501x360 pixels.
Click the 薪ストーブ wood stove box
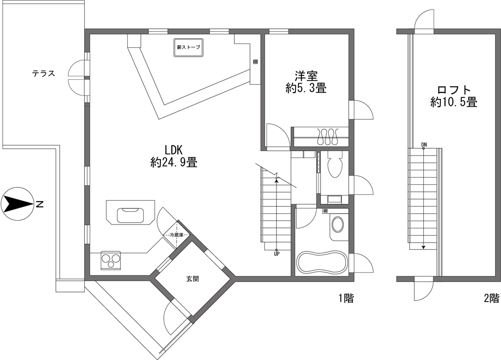click(x=188, y=48)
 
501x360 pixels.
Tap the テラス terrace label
click(x=43, y=74)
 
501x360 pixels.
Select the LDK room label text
click(x=174, y=150)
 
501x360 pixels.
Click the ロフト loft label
click(x=454, y=90)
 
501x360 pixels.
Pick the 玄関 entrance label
click(x=193, y=279)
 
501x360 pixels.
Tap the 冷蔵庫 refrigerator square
click(x=176, y=235)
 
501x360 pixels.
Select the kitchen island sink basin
click(x=130, y=215)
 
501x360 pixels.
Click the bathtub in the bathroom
click(x=322, y=263)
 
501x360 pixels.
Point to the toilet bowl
click(x=335, y=165)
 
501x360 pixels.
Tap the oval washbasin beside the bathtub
click(x=338, y=225)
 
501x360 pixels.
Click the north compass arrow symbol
click(x=18, y=204)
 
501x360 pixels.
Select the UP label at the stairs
click(x=276, y=254)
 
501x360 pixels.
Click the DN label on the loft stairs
click(x=424, y=145)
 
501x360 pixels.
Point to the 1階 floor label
click(x=346, y=298)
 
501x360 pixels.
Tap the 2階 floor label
click(x=491, y=298)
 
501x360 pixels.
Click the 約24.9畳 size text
click(x=174, y=163)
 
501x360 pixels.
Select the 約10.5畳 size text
click(x=454, y=102)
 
